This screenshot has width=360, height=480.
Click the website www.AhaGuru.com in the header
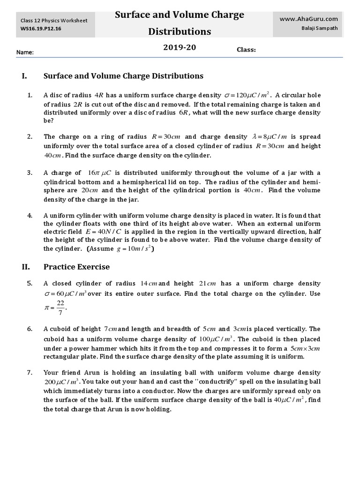point(308,19)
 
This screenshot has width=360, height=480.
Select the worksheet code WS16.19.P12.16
point(41,29)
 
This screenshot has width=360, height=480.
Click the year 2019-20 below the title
point(180,48)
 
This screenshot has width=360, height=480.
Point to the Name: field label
point(25,52)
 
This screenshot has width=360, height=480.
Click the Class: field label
point(246,50)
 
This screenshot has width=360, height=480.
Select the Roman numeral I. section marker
point(25,76)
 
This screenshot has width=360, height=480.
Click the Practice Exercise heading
point(76,267)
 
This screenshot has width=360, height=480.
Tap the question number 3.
point(30,172)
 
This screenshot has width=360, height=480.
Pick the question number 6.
point(30,329)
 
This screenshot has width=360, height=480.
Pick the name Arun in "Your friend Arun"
point(97,373)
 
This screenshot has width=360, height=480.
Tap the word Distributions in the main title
point(180,32)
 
